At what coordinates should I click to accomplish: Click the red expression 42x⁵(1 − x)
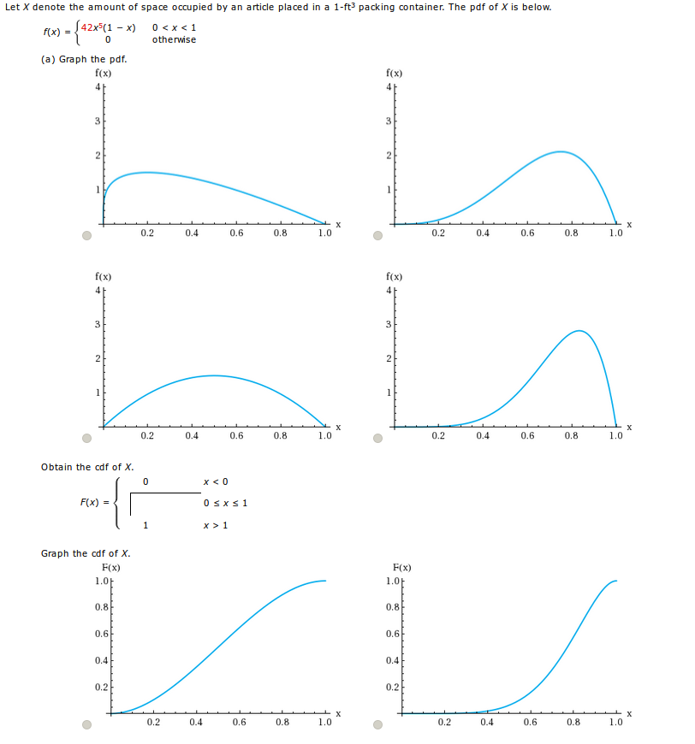click(x=109, y=27)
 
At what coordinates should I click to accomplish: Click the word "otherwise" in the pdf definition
click(x=174, y=39)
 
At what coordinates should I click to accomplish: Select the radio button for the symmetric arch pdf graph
click(x=86, y=440)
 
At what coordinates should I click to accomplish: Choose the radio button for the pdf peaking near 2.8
click(x=377, y=440)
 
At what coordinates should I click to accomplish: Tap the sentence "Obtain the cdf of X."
click(x=87, y=467)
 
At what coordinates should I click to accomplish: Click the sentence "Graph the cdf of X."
click(x=86, y=553)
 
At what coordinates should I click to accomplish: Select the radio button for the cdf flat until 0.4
click(x=377, y=725)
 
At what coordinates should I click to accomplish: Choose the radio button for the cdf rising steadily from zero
click(x=86, y=725)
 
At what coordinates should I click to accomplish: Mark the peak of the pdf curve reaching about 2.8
click(x=579, y=331)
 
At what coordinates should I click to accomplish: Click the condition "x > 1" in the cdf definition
click(x=216, y=524)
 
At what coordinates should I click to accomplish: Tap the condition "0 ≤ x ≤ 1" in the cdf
click(x=225, y=502)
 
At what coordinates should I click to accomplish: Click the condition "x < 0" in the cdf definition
click(x=216, y=481)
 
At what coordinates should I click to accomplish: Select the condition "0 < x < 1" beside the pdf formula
click(x=174, y=27)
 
